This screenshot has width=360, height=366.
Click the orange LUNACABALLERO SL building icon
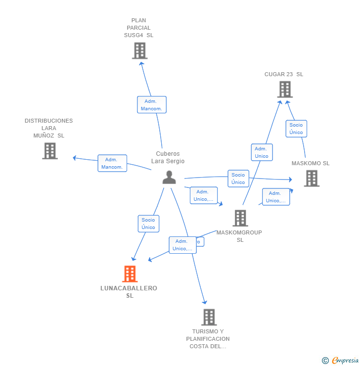(130, 274)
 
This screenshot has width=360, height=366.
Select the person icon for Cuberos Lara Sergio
(169, 177)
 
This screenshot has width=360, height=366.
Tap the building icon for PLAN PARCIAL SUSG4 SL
(139, 50)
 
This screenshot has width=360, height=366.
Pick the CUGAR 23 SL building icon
(284, 90)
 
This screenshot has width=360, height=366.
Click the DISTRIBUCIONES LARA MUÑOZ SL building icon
(49, 151)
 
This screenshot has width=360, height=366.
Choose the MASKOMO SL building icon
(311, 178)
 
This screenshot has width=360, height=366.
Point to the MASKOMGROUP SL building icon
(240, 218)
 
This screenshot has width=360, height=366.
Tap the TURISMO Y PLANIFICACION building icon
(209, 317)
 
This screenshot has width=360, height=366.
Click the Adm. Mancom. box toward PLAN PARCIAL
(151, 105)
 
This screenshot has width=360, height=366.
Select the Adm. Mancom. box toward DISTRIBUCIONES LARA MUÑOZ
(112, 163)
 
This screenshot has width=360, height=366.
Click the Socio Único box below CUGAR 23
(296, 129)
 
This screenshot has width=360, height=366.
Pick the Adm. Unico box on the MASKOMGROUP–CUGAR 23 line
(262, 152)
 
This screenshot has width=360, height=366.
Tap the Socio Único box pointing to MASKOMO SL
(238, 179)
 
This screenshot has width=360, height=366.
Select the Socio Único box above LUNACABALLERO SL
(148, 224)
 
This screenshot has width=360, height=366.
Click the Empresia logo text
(345, 361)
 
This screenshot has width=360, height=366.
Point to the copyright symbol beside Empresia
(325, 361)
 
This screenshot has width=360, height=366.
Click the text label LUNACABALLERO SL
(129, 292)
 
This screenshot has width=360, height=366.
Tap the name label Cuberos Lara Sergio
(168, 157)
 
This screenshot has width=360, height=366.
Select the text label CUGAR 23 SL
(284, 74)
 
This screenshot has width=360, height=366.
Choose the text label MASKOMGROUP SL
(240, 236)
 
